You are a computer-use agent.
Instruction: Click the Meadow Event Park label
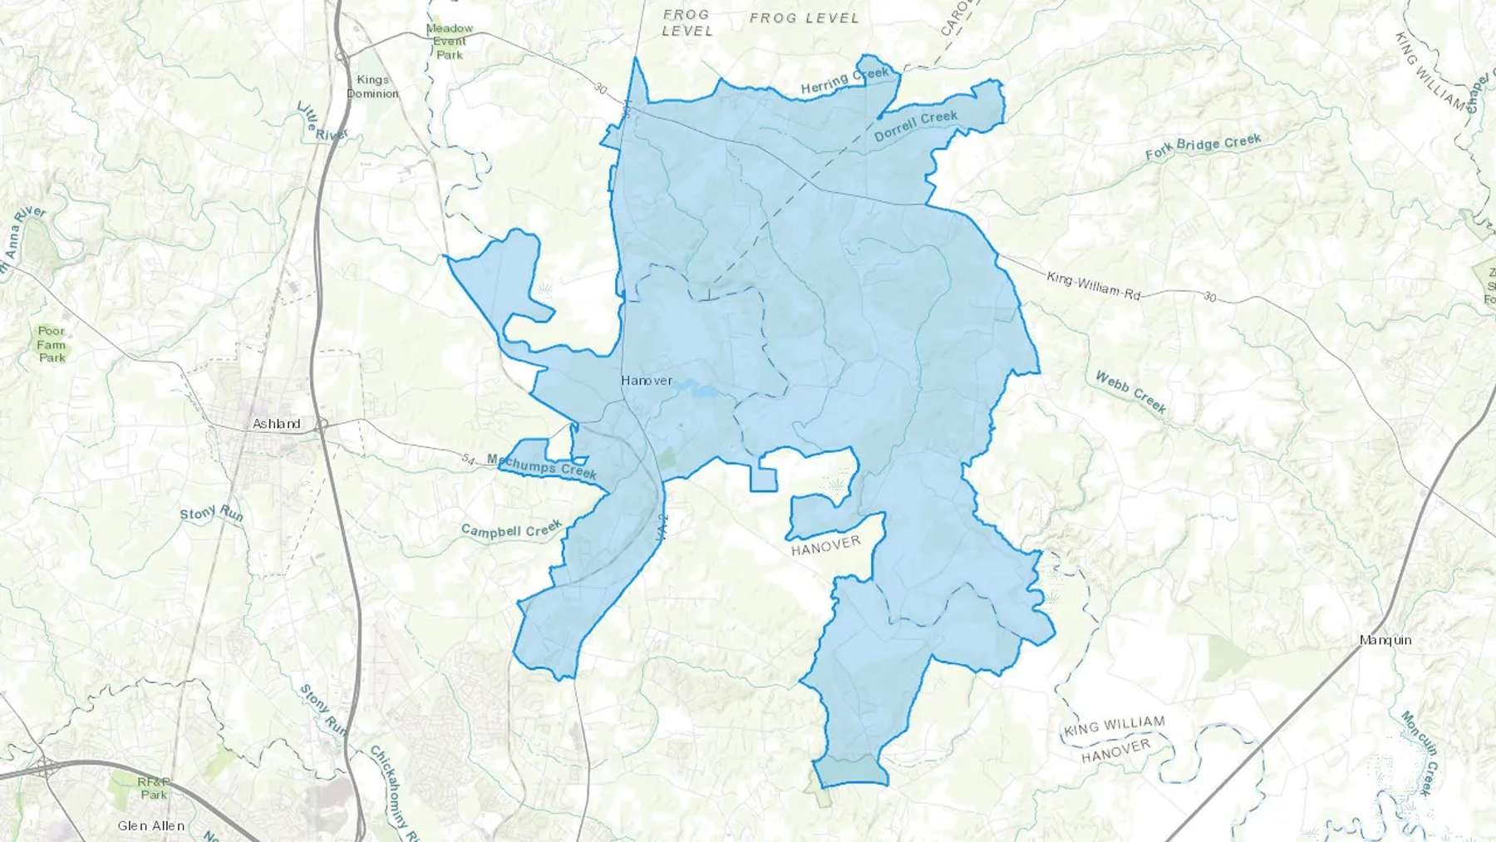pos(450,42)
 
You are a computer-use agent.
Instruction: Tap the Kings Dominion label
pos(372,86)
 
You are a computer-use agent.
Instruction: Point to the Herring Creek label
pos(844,80)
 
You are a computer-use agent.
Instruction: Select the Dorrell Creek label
pos(916,126)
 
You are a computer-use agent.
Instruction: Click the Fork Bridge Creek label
pos(1203,146)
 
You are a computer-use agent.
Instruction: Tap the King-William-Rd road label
pos(1093,285)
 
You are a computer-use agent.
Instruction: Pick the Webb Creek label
pos(1130,392)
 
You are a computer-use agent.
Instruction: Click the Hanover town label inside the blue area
pos(647,381)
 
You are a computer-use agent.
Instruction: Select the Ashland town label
pos(277,424)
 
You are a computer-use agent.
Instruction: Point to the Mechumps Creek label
pos(542,466)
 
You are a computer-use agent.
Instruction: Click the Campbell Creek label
pos(512,529)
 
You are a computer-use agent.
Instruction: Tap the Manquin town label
pos(1385,640)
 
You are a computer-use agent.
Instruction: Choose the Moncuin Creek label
pos(1419,752)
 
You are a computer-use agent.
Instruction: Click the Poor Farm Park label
pos(52,344)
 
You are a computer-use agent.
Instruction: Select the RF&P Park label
pos(154,788)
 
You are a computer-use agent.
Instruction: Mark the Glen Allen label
pos(151,825)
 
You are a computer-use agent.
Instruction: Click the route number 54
pos(468,459)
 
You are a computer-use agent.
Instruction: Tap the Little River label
pos(322,122)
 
